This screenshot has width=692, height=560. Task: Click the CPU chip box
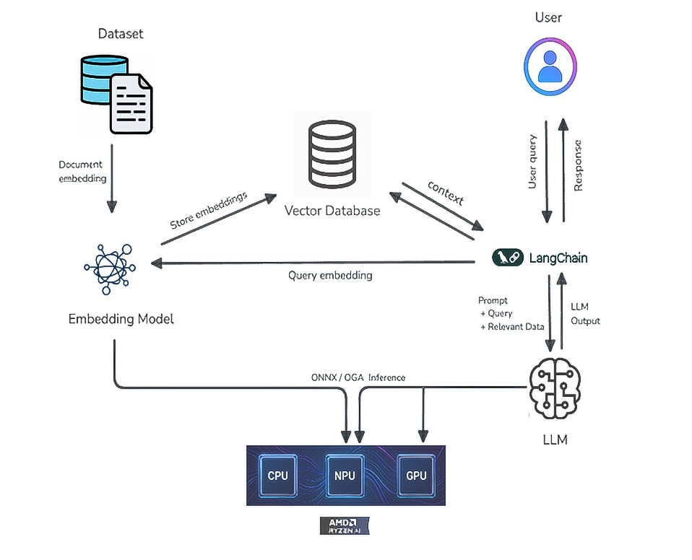277,476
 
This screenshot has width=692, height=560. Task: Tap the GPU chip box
416,476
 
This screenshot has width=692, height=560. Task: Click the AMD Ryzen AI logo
345,525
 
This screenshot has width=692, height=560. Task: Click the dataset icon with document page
116,93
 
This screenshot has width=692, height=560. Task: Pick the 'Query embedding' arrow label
330,275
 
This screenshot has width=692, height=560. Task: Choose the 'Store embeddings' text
208,210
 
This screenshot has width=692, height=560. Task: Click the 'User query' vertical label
532,162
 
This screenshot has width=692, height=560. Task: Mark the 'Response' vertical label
578,165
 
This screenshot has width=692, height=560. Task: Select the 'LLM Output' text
584,314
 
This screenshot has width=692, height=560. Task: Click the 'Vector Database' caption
332,211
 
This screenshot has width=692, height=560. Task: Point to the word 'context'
445,193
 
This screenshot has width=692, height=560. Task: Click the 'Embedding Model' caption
121,318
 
